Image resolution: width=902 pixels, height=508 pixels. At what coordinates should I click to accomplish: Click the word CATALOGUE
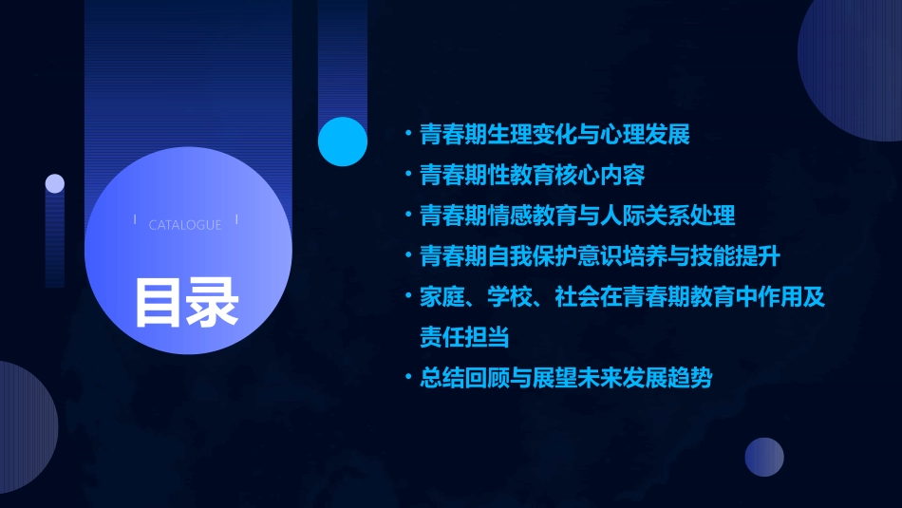[185, 225]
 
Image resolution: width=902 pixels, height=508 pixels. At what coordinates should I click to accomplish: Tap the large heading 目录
[186, 301]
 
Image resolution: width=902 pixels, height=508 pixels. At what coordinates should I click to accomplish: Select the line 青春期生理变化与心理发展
[554, 134]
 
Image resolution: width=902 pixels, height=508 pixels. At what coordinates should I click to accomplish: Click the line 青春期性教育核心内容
[533, 175]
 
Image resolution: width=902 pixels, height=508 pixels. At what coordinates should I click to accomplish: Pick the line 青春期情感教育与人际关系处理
[577, 216]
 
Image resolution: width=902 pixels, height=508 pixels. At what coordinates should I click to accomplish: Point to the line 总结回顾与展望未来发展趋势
[566, 378]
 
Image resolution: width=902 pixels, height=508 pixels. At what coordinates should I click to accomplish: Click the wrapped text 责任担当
[464, 337]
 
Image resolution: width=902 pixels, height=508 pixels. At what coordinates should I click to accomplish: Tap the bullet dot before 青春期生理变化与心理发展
[408, 134]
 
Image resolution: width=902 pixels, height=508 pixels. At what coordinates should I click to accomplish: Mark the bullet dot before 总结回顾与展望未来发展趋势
[408, 378]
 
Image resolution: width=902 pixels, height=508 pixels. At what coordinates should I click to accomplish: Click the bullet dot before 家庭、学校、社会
[408, 297]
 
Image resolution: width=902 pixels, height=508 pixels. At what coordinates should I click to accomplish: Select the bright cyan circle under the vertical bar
[343, 141]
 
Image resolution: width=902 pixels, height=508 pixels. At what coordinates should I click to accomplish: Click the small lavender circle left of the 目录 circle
[55, 183]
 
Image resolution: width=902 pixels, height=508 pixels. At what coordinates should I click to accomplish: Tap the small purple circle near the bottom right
[764, 457]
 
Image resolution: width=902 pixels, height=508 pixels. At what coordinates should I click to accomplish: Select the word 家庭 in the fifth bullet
[442, 297]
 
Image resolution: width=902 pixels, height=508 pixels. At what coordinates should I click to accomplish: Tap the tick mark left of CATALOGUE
[136, 219]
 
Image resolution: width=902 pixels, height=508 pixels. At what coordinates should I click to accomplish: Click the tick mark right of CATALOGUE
[236, 219]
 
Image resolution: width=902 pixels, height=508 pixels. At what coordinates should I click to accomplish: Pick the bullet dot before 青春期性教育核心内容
[408, 175]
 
